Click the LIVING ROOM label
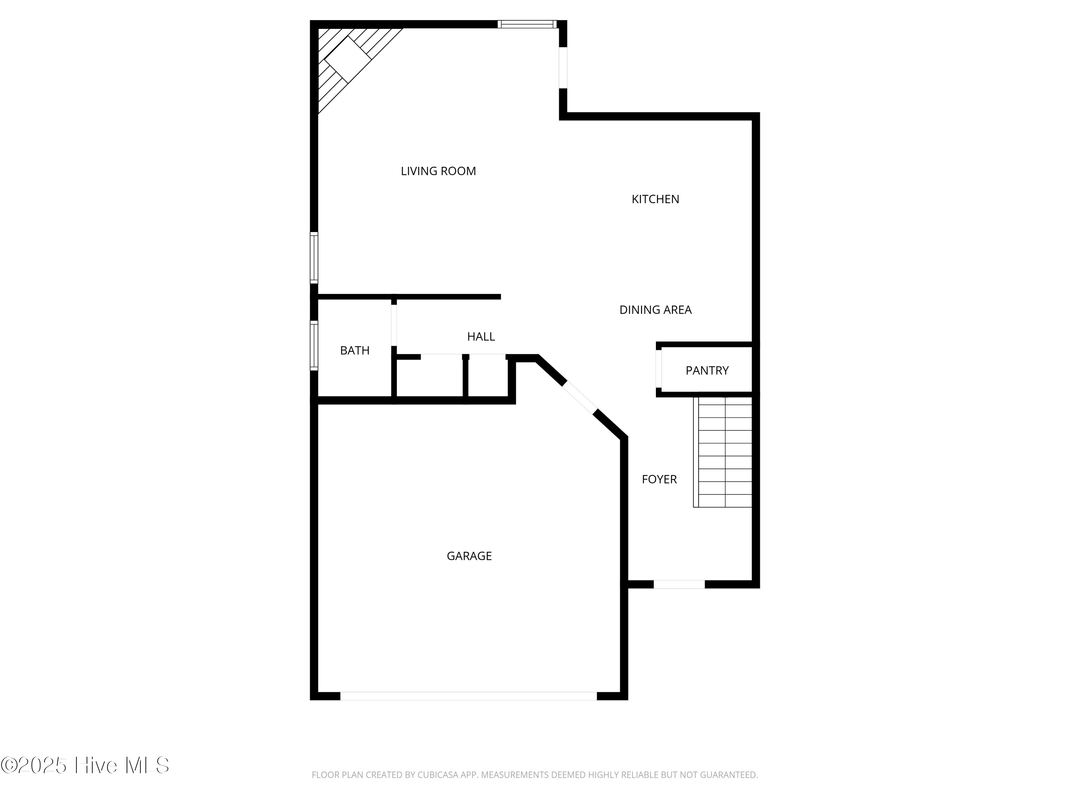click(x=438, y=171)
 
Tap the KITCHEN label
click(x=656, y=199)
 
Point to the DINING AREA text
click(x=656, y=310)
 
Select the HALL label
click(x=481, y=336)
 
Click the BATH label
click(x=355, y=350)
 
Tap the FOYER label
click(x=659, y=479)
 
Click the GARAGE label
click(x=469, y=556)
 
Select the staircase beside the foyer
click(x=723, y=452)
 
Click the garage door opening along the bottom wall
click(x=468, y=696)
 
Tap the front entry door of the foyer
click(x=679, y=585)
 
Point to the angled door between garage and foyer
click(x=580, y=397)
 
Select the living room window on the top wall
click(x=527, y=24)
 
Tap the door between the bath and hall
click(x=394, y=325)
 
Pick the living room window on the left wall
click(x=314, y=258)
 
